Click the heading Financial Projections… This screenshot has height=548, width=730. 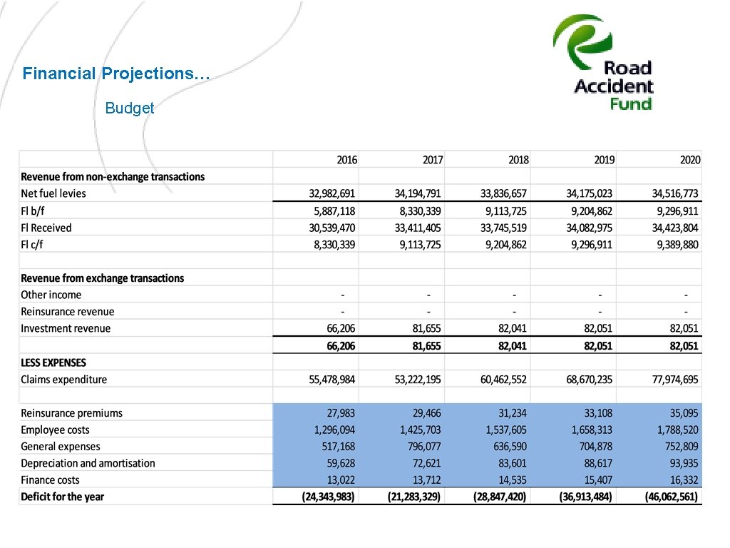point(116,73)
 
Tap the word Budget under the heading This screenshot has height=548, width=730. point(130,108)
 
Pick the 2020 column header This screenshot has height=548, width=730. point(689,160)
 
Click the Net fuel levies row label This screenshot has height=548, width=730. point(53,193)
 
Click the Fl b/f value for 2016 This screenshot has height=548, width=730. point(333,211)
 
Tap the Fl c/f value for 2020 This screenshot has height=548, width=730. point(676,245)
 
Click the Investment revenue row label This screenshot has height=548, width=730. point(66,328)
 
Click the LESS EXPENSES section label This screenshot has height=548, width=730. point(53,362)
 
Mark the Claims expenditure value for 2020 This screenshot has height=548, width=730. point(675,380)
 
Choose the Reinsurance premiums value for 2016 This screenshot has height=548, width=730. point(341,413)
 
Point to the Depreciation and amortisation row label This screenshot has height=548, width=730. point(88,463)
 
